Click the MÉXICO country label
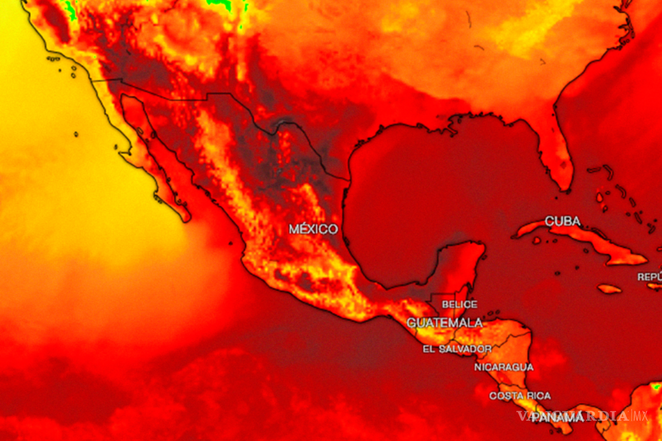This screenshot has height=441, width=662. point(313,229)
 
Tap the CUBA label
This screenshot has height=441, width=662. point(563,222)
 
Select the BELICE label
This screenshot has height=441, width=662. point(459,304)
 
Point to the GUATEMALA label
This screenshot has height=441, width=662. point(445,322)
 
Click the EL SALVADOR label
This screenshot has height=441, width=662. point(457,349)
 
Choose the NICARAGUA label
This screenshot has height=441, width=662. point(504,367)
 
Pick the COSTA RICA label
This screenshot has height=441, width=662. point(520,396)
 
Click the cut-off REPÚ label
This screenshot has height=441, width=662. point(649,277)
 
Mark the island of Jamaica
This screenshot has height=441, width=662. point(610,288)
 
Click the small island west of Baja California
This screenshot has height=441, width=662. point(76,134)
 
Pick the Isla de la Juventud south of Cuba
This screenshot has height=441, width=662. point(536,240)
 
